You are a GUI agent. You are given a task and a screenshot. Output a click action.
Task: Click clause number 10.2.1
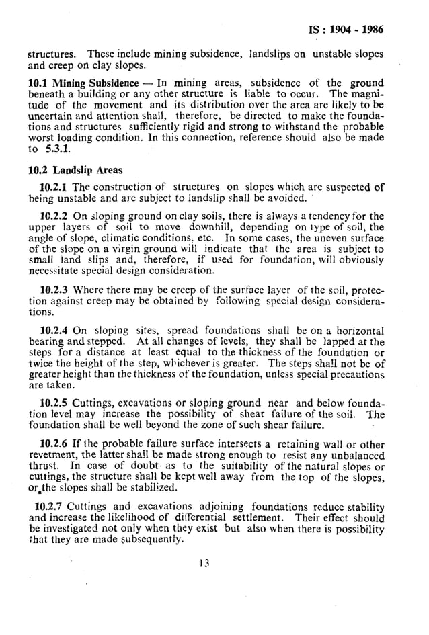point(54,187)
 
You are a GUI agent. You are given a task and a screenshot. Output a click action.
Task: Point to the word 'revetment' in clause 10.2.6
point(50,456)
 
